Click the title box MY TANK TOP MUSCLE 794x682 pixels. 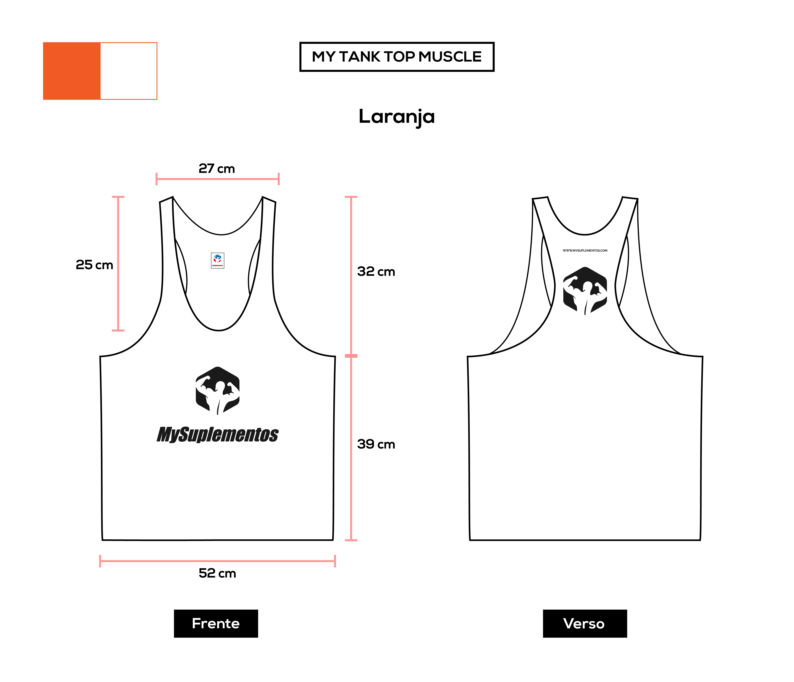coord(397,57)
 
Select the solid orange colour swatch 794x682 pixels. coord(72,71)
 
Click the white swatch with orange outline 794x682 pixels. coord(129,71)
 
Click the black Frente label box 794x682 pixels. coord(216,623)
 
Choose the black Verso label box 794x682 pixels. coord(585,623)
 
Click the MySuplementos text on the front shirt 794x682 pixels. coord(218,435)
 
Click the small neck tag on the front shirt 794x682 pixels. coord(218,260)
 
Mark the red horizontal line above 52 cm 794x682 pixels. coord(217,561)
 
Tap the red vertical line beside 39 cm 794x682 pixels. coord(351,448)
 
